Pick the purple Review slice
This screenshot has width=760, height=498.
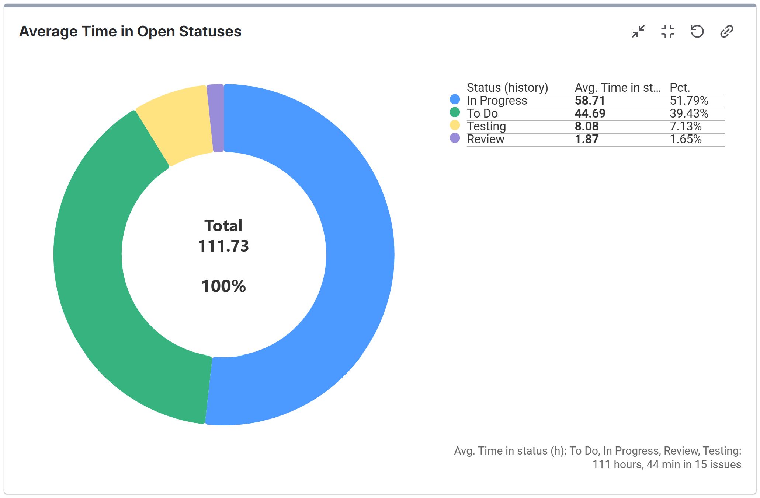pyautogui.click(x=216, y=118)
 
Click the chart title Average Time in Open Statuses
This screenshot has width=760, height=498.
pyautogui.click(x=130, y=32)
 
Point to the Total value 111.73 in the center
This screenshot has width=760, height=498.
pyautogui.click(x=223, y=246)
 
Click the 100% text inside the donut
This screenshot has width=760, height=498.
pyautogui.click(x=223, y=286)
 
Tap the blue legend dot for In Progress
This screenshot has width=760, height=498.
pyautogui.click(x=455, y=99)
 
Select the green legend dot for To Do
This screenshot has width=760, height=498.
pyautogui.click(x=455, y=112)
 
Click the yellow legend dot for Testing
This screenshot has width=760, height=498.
pyautogui.click(x=455, y=125)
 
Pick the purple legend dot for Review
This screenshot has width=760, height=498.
pyautogui.click(x=455, y=138)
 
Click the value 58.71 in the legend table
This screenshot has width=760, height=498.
pyautogui.click(x=590, y=101)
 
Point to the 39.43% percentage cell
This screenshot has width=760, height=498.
pyautogui.click(x=688, y=113)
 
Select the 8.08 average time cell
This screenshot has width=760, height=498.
pyautogui.click(x=586, y=126)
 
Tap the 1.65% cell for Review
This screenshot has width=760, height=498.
pyautogui.click(x=685, y=139)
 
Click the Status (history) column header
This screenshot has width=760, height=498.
pyautogui.click(x=507, y=88)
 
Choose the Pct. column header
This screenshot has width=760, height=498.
pyautogui.click(x=679, y=88)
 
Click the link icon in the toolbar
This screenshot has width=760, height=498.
pyautogui.click(x=726, y=32)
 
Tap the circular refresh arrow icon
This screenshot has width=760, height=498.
pyautogui.click(x=697, y=32)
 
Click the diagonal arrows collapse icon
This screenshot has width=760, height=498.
pyautogui.click(x=638, y=32)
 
